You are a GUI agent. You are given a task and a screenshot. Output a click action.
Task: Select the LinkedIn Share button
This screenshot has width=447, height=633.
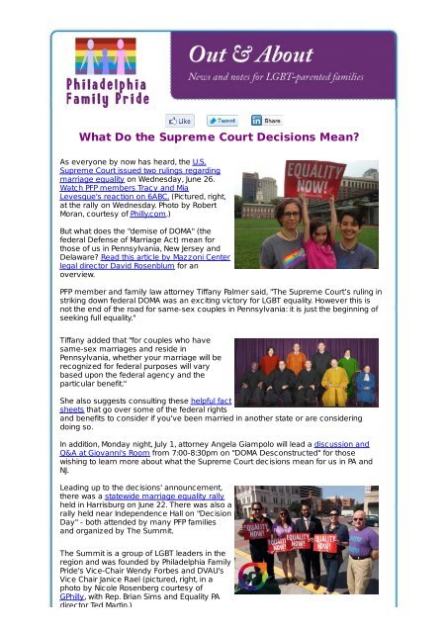tap(267, 120)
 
